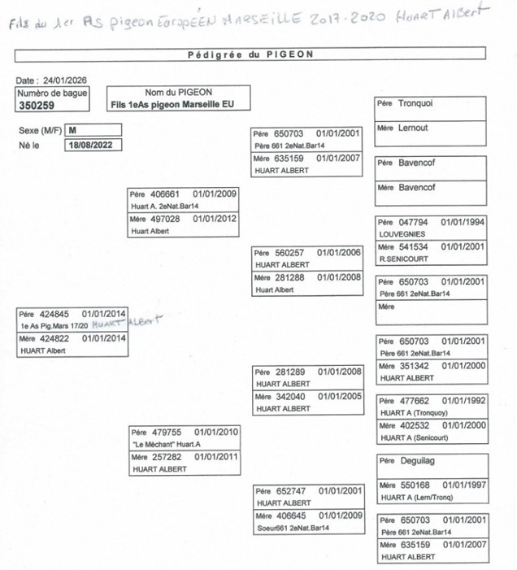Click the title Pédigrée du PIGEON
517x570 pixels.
(250, 54)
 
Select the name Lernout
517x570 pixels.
(414, 128)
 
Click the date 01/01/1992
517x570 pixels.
(463, 401)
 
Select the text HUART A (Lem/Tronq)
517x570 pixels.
(415, 498)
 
